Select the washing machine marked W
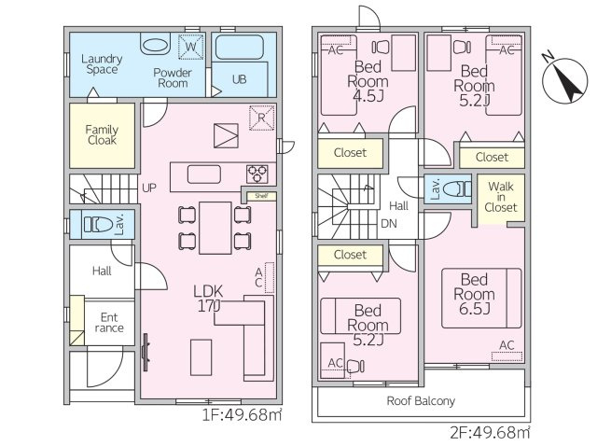[190, 46]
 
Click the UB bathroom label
[240, 80]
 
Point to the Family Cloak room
[102, 134]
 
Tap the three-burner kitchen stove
[257, 174]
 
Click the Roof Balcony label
[422, 401]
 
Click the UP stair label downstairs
[148, 188]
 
